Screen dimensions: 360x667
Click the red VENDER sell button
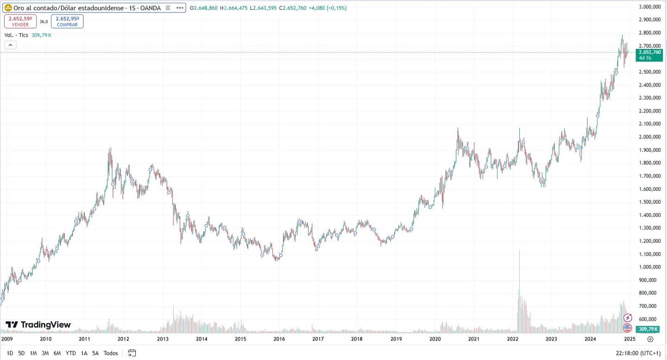tap(20, 21)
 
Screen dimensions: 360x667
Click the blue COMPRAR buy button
tap(67, 21)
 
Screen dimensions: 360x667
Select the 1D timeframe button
tap(10, 353)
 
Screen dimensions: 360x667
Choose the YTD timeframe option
tap(70, 353)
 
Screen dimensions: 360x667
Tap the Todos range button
tap(111, 353)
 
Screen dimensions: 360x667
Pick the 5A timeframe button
tap(95, 353)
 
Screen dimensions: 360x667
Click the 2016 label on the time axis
tap(279, 339)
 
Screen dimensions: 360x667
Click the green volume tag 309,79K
tap(648, 329)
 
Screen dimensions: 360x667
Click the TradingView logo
tap(38, 325)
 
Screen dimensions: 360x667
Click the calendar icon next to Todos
tap(132, 353)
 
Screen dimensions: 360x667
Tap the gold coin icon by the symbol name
tap(8, 8)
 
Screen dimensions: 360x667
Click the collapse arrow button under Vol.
tap(10, 45)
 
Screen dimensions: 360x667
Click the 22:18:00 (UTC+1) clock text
tap(638, 353)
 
